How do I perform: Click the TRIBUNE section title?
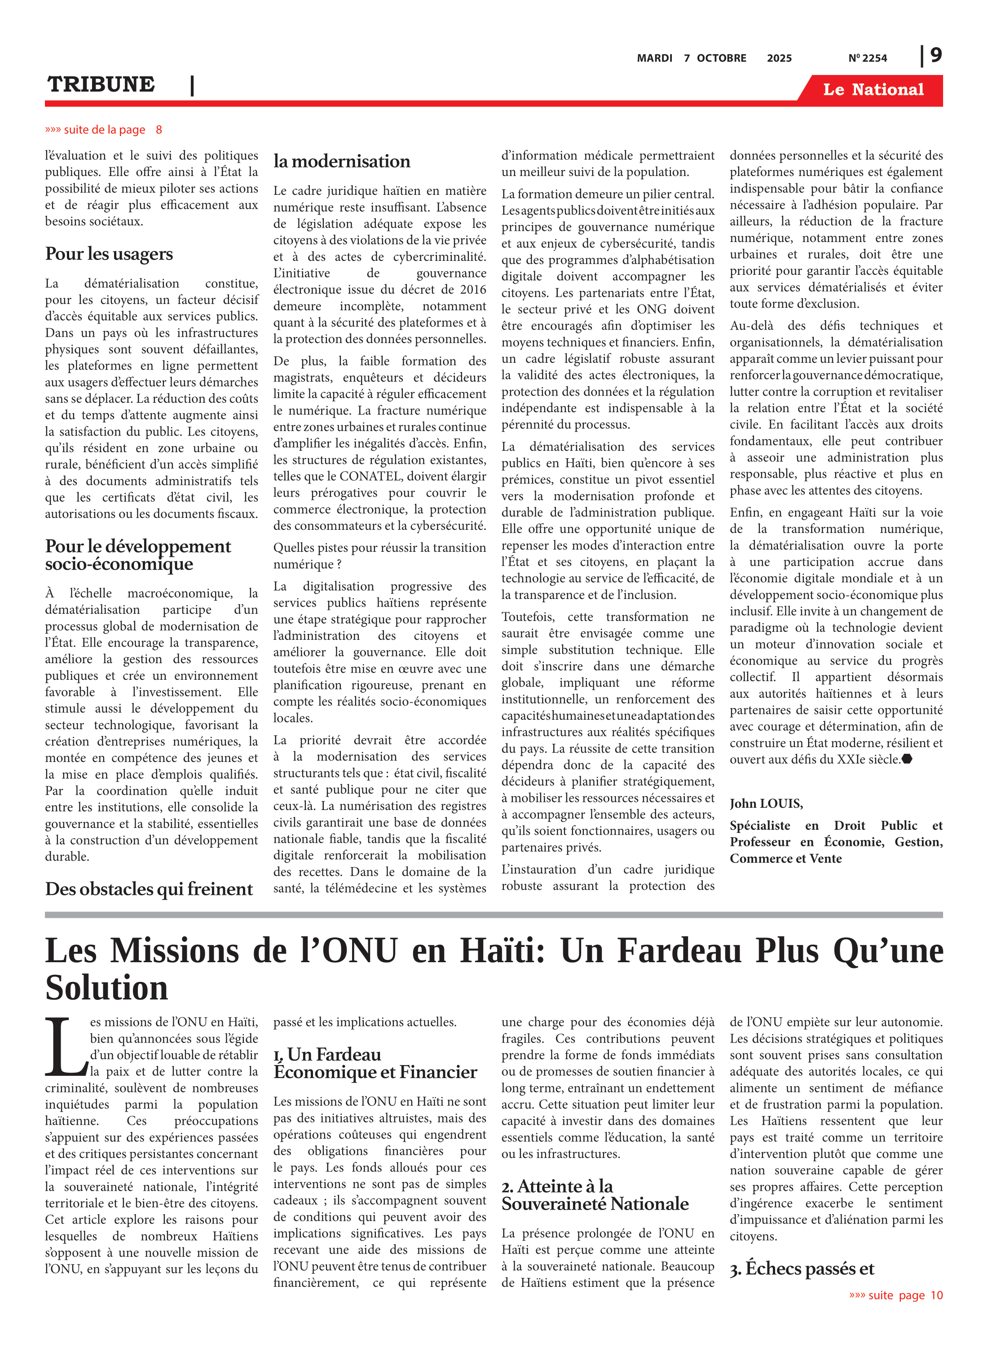click(101, 84)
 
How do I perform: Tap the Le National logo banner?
click(873, 90)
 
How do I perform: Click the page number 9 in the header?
click(935, 56)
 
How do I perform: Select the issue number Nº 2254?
click(867, 58)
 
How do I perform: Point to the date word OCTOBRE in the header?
click(721, 58)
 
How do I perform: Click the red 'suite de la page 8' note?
click(103, 130)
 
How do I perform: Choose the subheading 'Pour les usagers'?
click(109, 254)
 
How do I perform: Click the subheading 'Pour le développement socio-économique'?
click(138, 555)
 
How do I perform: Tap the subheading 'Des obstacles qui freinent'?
click(149, 889)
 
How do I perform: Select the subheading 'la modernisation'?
click(341, 162)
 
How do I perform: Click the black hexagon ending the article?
click(907, 759)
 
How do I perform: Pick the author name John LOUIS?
click(766, 804)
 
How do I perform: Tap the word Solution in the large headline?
click(106, 988)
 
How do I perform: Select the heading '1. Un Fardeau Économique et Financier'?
click(375, 1063)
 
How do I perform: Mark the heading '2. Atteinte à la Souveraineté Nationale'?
click(595, 1195)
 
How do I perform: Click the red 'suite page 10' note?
click(896, 1295)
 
